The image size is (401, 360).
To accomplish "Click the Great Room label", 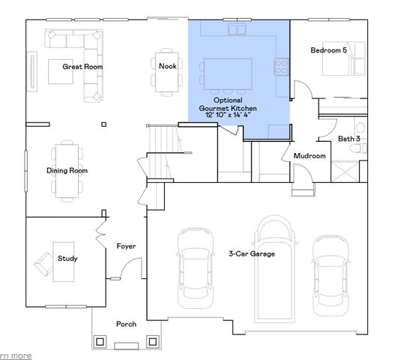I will click(x=82, y=66).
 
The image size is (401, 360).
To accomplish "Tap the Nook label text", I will click(x=167, y=65).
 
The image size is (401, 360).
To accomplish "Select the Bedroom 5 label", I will click(x=328, y=50).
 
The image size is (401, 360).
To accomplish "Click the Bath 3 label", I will click(x=349, y=138).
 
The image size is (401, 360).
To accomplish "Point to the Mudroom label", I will click(x=309, y=156).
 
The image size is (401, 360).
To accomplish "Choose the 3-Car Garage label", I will click(x=251, y=254).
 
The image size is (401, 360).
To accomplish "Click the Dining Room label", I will click(x=67, y=170).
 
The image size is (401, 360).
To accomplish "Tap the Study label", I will click(x=67, y=259).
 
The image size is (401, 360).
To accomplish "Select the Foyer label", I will click(x=125, y=246).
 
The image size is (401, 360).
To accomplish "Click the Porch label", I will click(x=126, y=324).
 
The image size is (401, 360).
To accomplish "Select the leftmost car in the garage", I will click(x=195, y=265).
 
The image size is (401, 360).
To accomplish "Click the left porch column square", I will click(x=100, y=342).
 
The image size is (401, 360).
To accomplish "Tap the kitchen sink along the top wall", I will click(x=238, y=30).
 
